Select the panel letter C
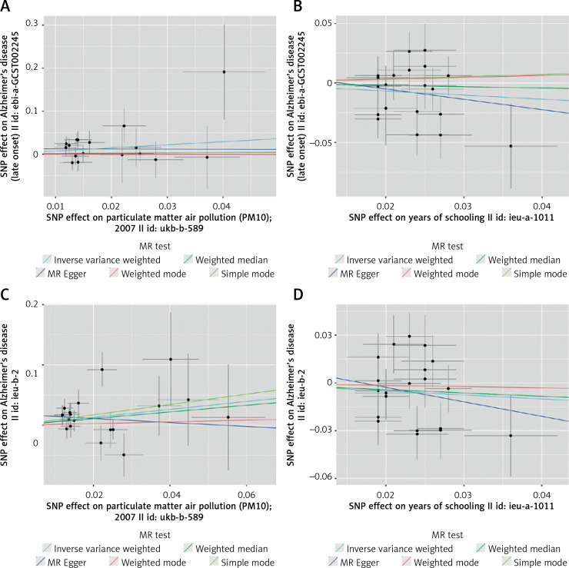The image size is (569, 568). [x=7, y=293]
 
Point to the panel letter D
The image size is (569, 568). [x=294, y=293]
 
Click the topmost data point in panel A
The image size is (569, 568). [x=224, y=72]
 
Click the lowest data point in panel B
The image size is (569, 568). [x=511, y=146]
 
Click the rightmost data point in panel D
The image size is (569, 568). [x=511, y=436]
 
